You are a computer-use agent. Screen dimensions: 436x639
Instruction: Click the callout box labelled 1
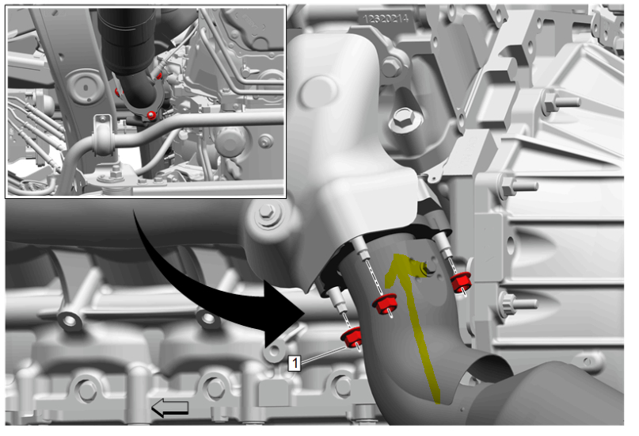[295, 363]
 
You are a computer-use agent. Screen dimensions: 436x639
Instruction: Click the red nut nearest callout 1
[351, 338]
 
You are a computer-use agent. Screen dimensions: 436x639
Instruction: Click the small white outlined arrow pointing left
[170, 407]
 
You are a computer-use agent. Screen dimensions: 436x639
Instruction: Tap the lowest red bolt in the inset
[150, 115]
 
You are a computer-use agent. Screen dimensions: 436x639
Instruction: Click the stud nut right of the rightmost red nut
[510, 304]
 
